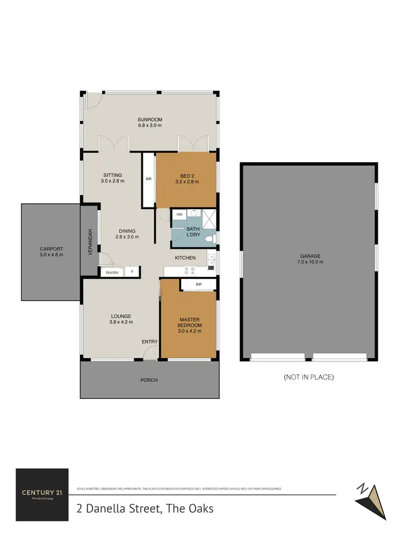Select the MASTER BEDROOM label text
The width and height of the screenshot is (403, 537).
tap(190, 325)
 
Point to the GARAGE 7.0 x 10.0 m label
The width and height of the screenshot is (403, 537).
tap(309, 259)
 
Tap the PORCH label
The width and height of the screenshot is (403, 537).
tap(149, 380)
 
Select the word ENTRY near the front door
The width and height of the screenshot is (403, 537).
tap(149, 341)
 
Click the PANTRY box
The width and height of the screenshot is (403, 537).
tap(112, 273)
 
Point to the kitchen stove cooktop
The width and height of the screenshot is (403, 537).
tap(190, 270)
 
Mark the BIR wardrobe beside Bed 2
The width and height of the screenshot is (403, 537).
tap(148, 179)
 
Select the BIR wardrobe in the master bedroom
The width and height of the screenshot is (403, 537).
tap(198, 284)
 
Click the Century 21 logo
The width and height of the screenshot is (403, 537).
tap(42, 495)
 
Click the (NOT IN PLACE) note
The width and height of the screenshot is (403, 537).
tap(308, 377)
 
